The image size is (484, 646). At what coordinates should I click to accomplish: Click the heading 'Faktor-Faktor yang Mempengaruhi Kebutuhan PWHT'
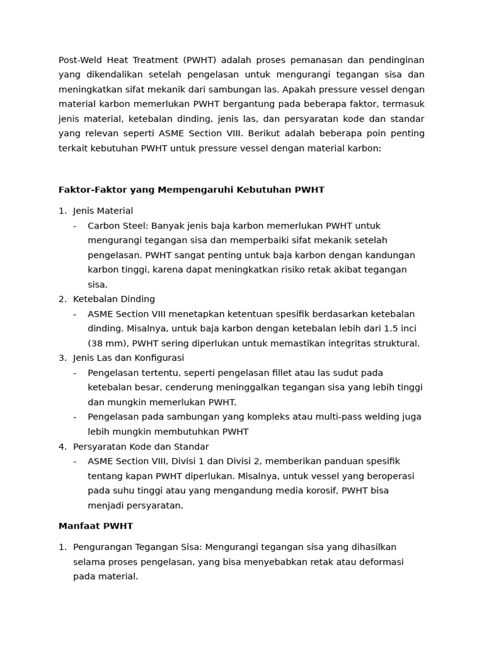pyautogui.click(x=191, y=190)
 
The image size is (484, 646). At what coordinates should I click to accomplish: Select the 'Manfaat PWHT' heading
pyautogui.click(x=96, y=526)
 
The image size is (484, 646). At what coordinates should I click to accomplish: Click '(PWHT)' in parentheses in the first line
pyautogui.click(x=200, y=60)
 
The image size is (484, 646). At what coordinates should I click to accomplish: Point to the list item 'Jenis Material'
pyautogui.click(x=103, y=211)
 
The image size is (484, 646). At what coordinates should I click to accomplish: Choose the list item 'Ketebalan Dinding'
pyautogui.click(x=113, y=299)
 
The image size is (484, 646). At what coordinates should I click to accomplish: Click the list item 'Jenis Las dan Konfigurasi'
pyautogui.click(x=129, y=358)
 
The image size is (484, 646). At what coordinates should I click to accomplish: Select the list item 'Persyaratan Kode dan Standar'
pyautogui.click(x=141, y=447)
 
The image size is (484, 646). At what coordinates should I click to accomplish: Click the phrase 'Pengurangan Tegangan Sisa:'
pyautogui.click(x=137, y=547)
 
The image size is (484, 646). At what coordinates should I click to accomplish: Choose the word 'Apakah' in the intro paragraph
pyautogui.click(x=300, y=90)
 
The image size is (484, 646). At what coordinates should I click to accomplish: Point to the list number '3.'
pyautogui.click(x=62, y=358)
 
